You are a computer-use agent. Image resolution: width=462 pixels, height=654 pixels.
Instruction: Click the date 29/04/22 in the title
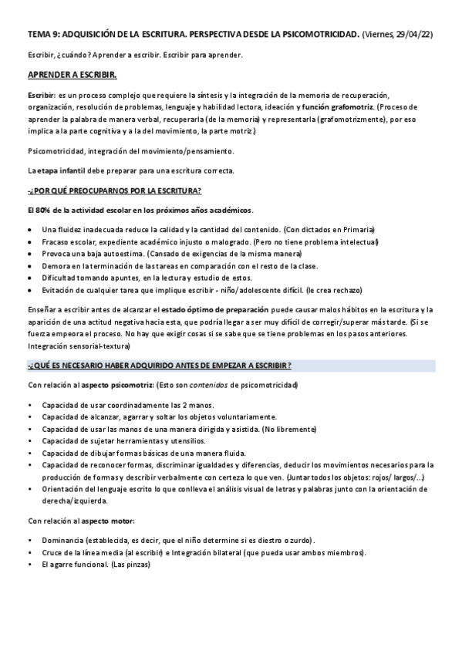(x=414, y=35)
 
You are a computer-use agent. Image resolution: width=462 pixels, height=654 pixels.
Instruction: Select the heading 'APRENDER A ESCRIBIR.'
(x=72, y=74)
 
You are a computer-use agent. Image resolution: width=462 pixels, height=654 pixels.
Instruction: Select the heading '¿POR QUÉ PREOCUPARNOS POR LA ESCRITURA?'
(x=114, y=190)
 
